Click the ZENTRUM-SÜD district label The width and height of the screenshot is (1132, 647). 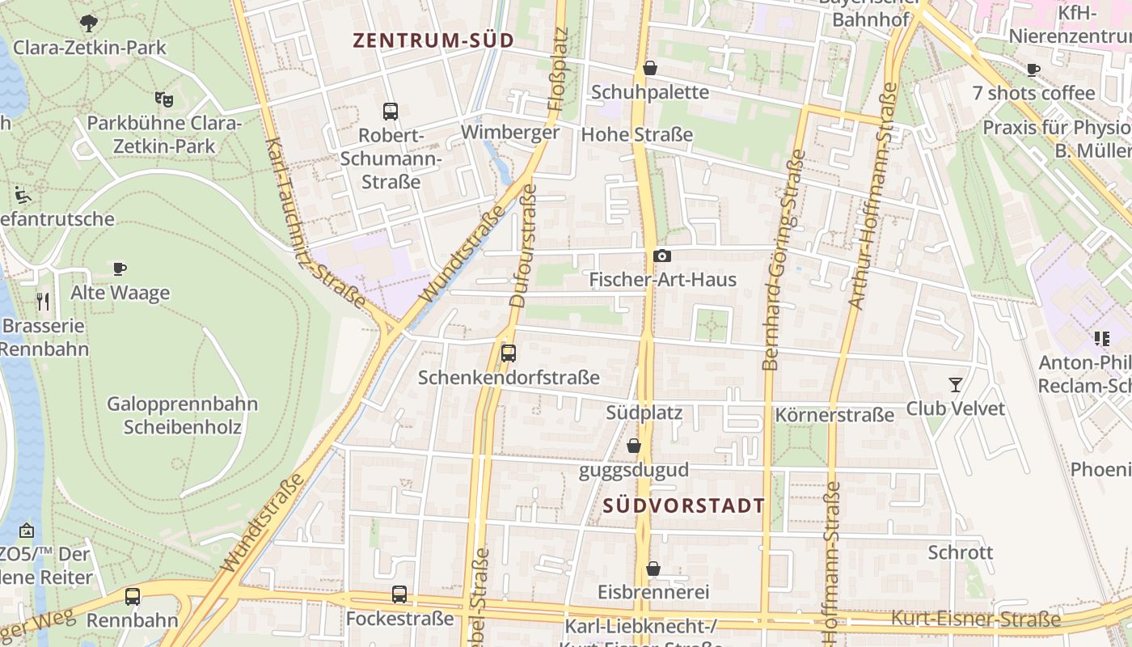tap(433, 40)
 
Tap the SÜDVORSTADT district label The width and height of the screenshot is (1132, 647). tap(683, 506)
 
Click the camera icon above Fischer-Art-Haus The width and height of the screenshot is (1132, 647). tap(662, 256)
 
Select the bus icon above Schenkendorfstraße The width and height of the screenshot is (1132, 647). tap(509, 353)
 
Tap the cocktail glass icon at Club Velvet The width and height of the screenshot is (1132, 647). tap(956, 385)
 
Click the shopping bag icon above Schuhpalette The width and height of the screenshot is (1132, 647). tap(650, 69)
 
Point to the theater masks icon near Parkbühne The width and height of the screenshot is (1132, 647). tap(164, 99)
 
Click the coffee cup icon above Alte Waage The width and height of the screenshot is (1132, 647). tap(120, 269)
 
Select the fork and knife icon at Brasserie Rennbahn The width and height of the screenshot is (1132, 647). tap(44, 302)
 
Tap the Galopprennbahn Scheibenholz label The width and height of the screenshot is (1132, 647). tap(182, 415)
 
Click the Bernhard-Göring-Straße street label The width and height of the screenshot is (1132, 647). tap(782, 259)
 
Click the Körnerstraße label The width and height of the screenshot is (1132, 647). tap(834, 416)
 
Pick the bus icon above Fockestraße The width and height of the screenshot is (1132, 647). tap(399, 594)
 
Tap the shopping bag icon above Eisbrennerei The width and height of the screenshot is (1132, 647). tap(653, 569)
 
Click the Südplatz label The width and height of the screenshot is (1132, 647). tap(644, 413)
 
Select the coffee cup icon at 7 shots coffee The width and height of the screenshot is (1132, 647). tap(1033, 70)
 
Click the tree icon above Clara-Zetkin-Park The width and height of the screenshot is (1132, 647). tap(89, 23)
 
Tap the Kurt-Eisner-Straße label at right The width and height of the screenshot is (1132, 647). tap(975, 620)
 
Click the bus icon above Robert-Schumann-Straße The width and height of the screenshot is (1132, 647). tap(391, 112)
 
